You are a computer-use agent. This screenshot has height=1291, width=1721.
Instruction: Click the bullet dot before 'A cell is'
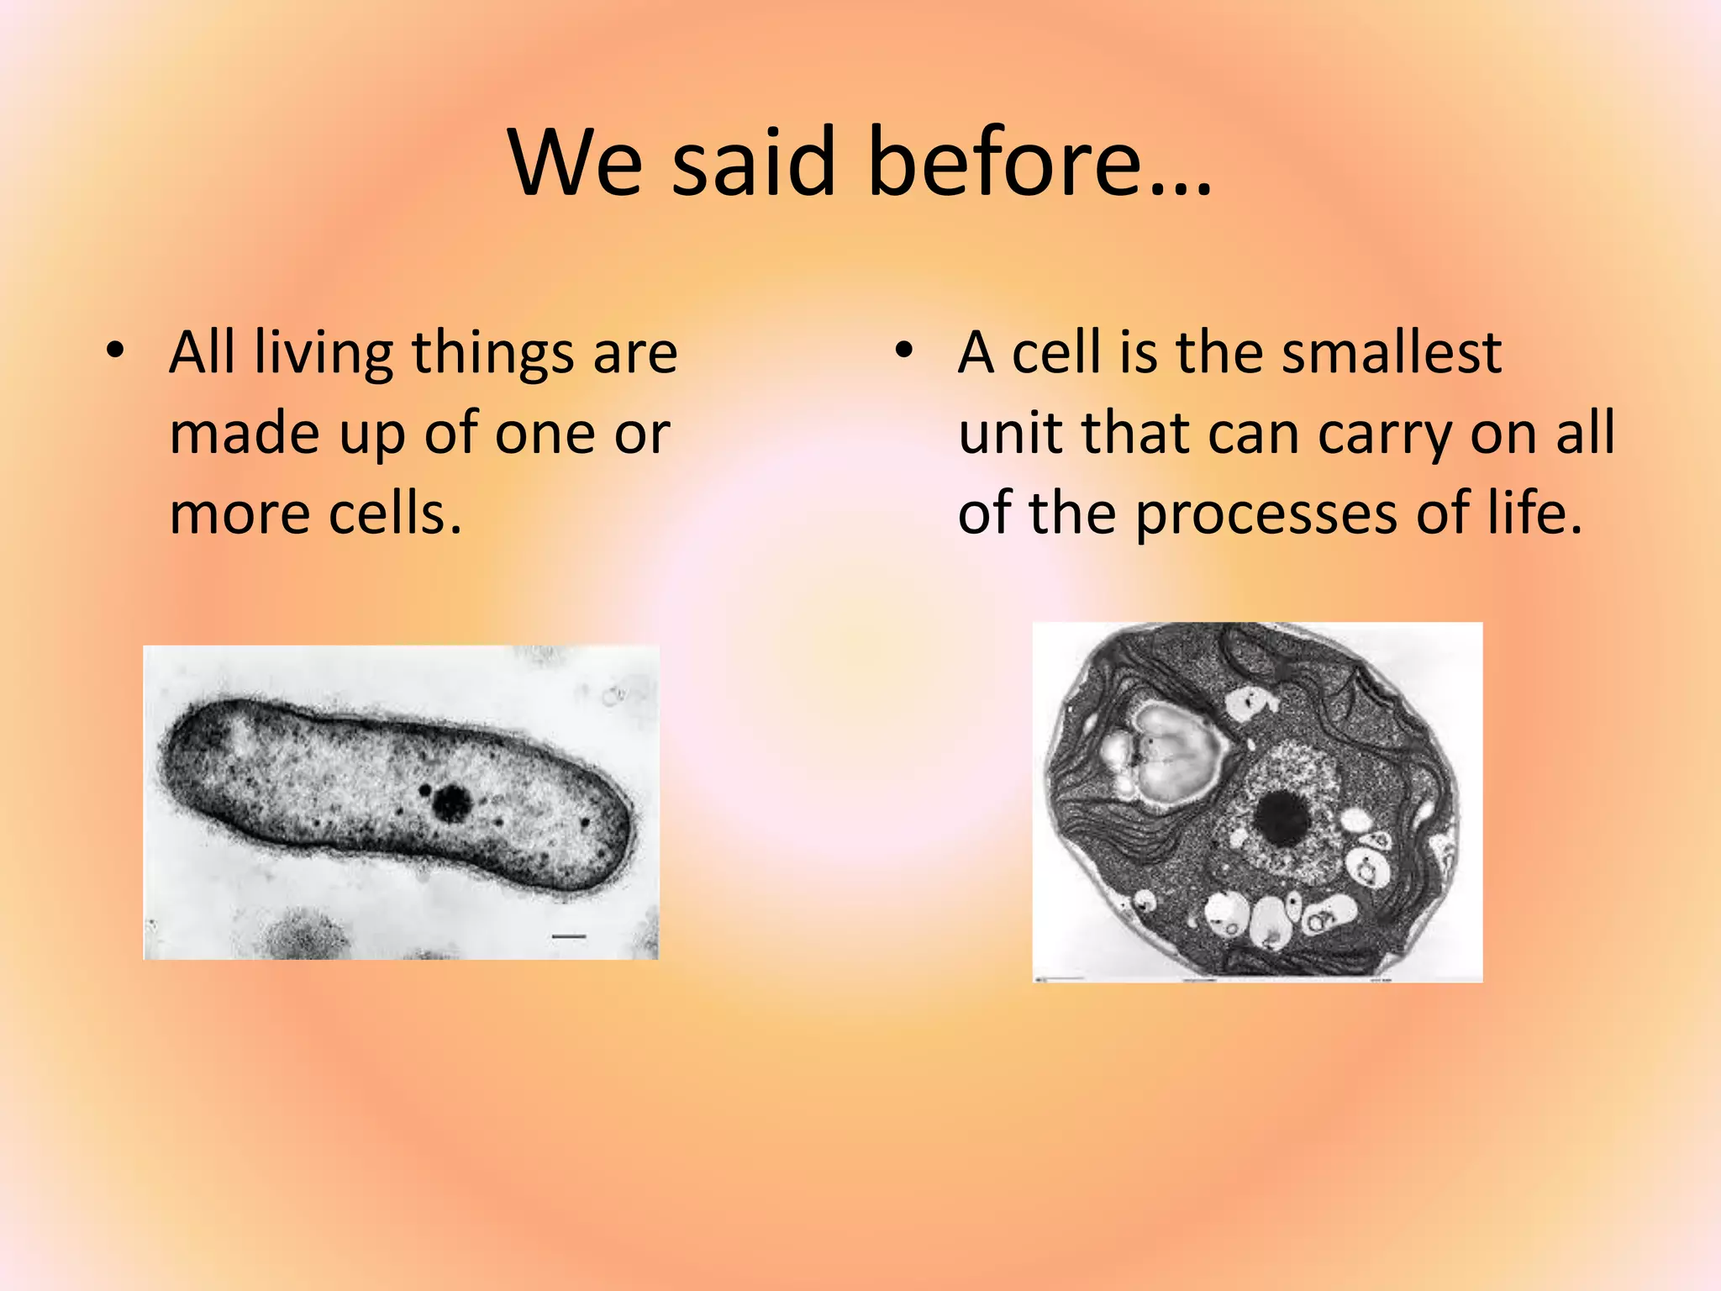(903, 350)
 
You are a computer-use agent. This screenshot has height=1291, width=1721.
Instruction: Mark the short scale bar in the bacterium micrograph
(569, 935)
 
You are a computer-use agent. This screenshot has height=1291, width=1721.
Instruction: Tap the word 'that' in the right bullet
(1136, 434)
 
